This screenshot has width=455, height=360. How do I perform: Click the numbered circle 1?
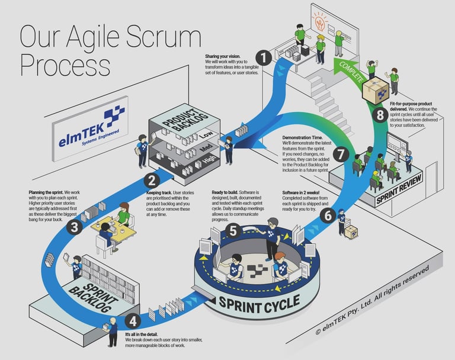point(264,57)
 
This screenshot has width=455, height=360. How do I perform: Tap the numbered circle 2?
point(152,181)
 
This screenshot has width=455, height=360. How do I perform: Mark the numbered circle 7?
point(339,153)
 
